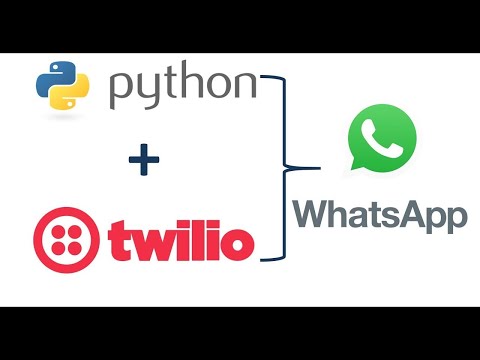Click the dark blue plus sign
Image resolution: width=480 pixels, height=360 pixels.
pyautogui.click(x=143, y=161)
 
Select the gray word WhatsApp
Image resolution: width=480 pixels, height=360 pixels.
pyautogui.click(x=381, y=214)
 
